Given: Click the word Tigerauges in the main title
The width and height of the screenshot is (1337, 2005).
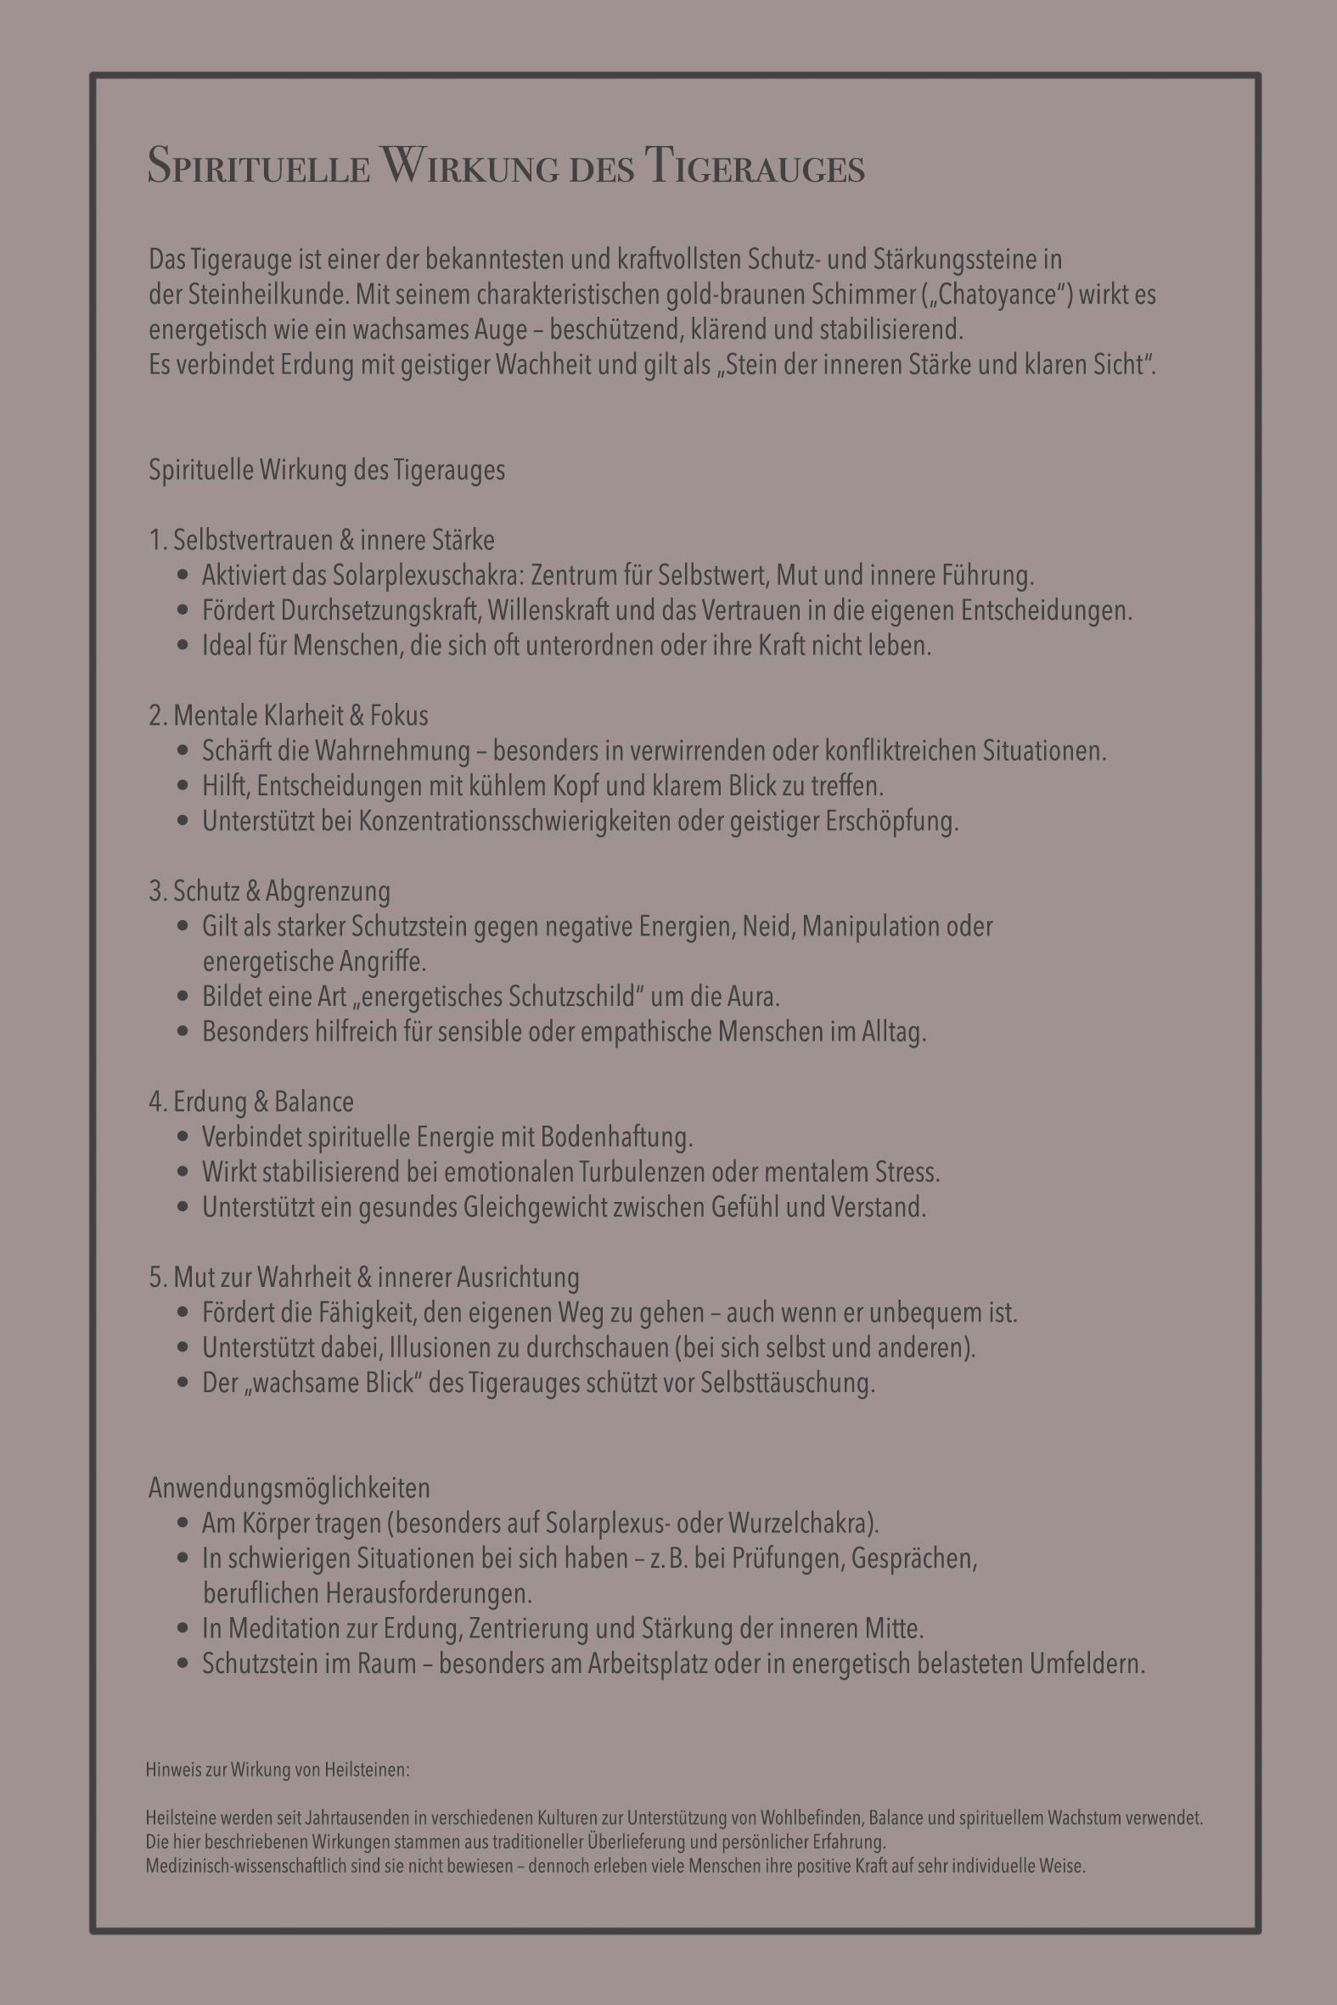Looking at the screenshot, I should tap(755, 166).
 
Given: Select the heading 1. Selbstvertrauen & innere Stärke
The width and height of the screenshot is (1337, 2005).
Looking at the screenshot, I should tap(322, 541).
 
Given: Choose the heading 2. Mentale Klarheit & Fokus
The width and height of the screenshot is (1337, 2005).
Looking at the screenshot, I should tap(289, 716).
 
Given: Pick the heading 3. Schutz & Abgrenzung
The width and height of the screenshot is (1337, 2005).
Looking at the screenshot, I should tap(269, 891).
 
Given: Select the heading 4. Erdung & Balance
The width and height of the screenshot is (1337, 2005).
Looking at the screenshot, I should tap(250, 1102).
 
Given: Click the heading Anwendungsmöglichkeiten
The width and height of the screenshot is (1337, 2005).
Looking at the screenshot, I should tap(289, 1488).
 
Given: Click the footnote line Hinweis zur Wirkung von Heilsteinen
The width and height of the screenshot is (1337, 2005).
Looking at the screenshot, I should tap(278, 1770).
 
